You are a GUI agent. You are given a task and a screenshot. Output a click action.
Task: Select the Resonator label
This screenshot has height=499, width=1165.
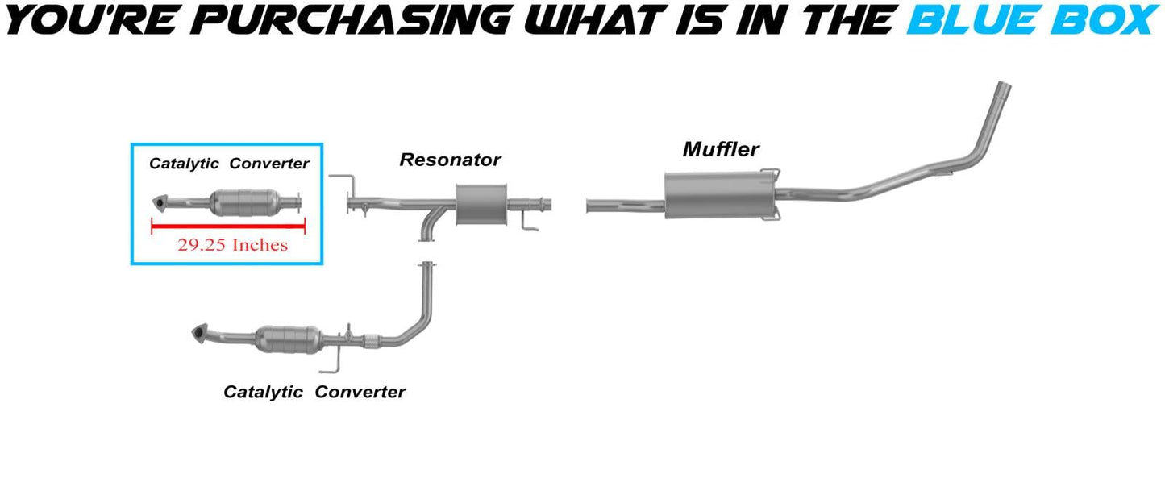point(450,160)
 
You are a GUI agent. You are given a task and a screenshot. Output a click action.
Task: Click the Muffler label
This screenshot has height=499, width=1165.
point(721,149)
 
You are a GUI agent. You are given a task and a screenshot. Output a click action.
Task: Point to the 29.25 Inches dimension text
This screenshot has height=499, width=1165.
point(232,245)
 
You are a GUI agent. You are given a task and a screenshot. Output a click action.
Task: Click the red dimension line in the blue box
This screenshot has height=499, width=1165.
point(228,228)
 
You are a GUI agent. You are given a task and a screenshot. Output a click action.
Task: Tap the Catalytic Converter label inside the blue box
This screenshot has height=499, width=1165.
point(229,164)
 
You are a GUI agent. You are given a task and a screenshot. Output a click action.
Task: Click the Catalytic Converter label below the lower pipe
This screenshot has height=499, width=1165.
point(314,393)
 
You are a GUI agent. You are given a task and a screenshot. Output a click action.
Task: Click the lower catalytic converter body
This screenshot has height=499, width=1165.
point(289,339)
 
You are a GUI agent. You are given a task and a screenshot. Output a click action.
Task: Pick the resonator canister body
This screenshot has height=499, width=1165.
point(481,205)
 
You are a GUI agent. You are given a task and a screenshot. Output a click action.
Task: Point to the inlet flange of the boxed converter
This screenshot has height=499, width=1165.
point(157,202)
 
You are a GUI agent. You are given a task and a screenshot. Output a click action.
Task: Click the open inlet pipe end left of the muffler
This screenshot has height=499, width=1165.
point(589,206)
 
